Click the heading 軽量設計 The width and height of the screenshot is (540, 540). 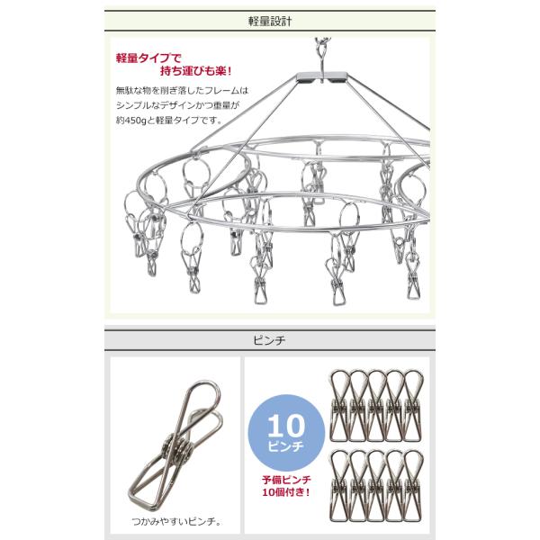tap(270, 22)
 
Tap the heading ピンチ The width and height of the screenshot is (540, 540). tap(269, 340)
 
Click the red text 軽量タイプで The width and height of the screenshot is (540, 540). tap(148, 58)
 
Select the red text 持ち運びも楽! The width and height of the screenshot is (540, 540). tap(195, 71)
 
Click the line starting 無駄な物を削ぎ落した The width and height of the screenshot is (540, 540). tap(182, 91)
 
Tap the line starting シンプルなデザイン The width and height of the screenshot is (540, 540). tap(177, 105)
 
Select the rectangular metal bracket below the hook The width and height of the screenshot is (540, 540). tap(321, 77)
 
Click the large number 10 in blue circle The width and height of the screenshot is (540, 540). tap(286, 426)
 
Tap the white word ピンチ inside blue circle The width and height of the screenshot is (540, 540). tap(286, 446)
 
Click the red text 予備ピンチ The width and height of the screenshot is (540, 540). tap(286, 480)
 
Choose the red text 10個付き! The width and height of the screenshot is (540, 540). tap(286, 492)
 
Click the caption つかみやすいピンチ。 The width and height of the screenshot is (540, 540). tap(176, 522)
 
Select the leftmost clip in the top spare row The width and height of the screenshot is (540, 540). tap(340, 406)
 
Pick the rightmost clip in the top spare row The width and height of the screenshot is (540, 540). tap(412, 406)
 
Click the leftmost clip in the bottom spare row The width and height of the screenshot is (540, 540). tap(340, 486)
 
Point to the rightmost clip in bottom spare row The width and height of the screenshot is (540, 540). tap(412, 486)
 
